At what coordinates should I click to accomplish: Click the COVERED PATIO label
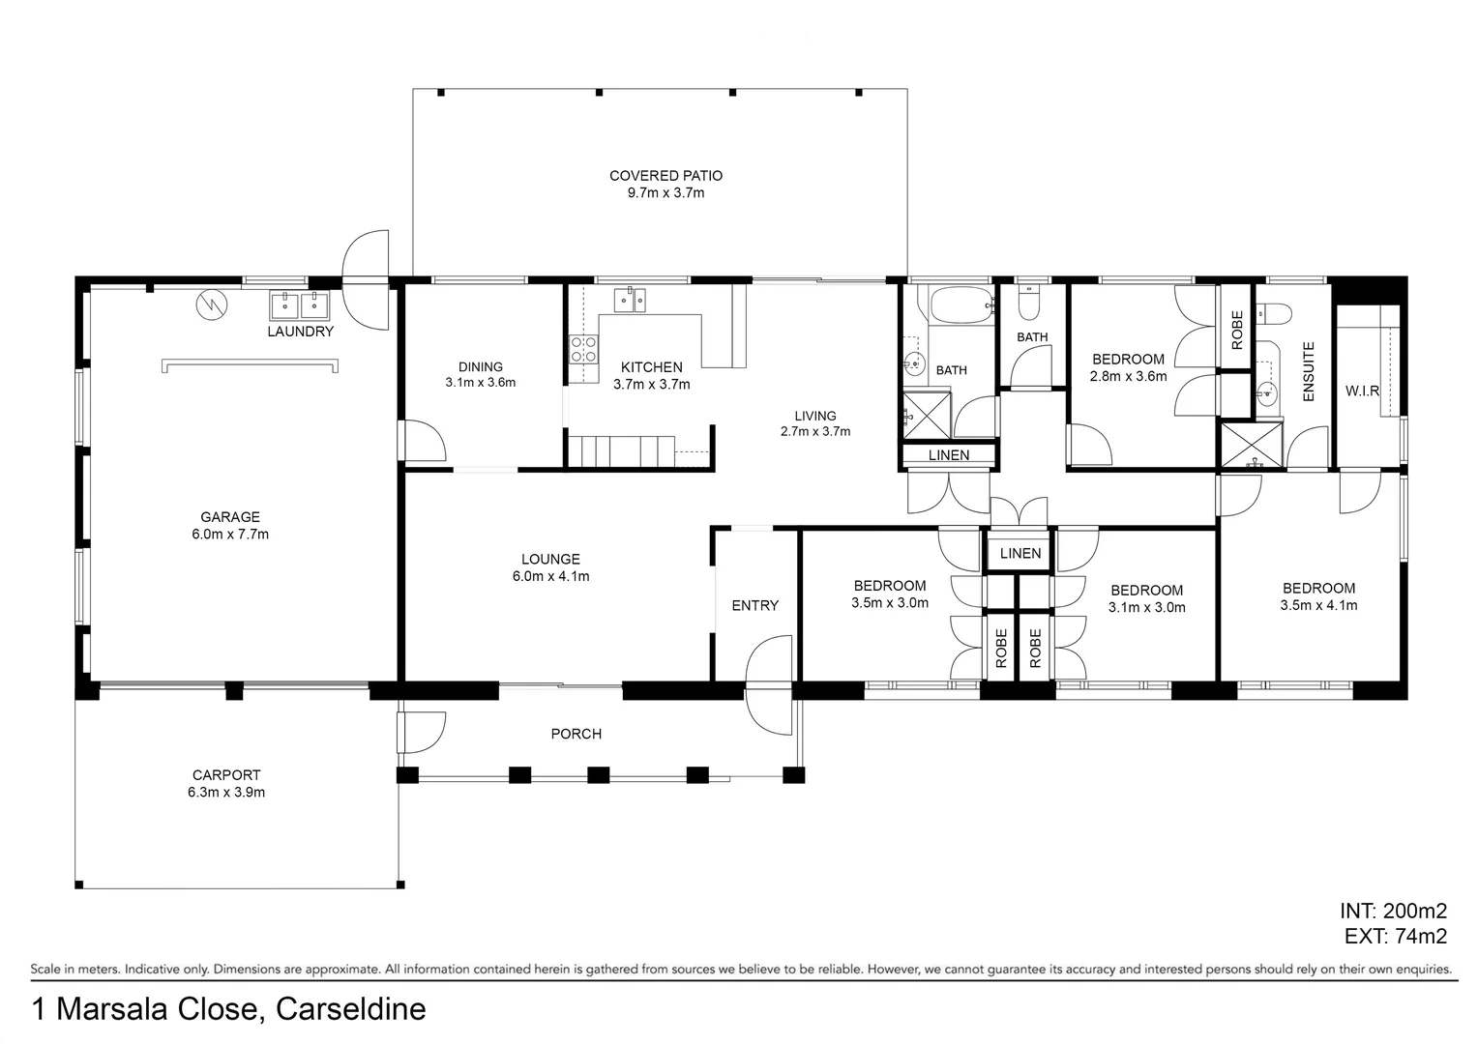665,175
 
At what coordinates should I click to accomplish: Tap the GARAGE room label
230,517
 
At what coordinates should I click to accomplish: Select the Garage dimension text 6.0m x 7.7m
230,535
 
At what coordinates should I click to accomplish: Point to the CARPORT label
226,775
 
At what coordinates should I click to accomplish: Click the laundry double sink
299,306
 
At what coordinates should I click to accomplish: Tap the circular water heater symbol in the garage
212,304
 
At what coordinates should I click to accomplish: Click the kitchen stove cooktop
584,349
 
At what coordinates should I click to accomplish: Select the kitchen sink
630,300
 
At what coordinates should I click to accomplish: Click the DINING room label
481,366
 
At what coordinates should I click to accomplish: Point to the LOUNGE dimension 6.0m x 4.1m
551,576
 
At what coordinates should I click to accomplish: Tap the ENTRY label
755,605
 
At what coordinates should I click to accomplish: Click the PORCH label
576,734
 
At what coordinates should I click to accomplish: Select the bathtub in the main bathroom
962,304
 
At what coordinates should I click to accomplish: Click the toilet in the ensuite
1274,314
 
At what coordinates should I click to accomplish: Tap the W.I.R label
1363,391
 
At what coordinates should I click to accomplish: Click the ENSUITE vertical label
1309,371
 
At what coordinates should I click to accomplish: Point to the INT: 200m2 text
1394,911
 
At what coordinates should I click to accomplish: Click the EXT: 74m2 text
1396,936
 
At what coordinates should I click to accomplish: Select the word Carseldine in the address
351,1009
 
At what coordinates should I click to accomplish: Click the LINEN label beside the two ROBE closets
1020,553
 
